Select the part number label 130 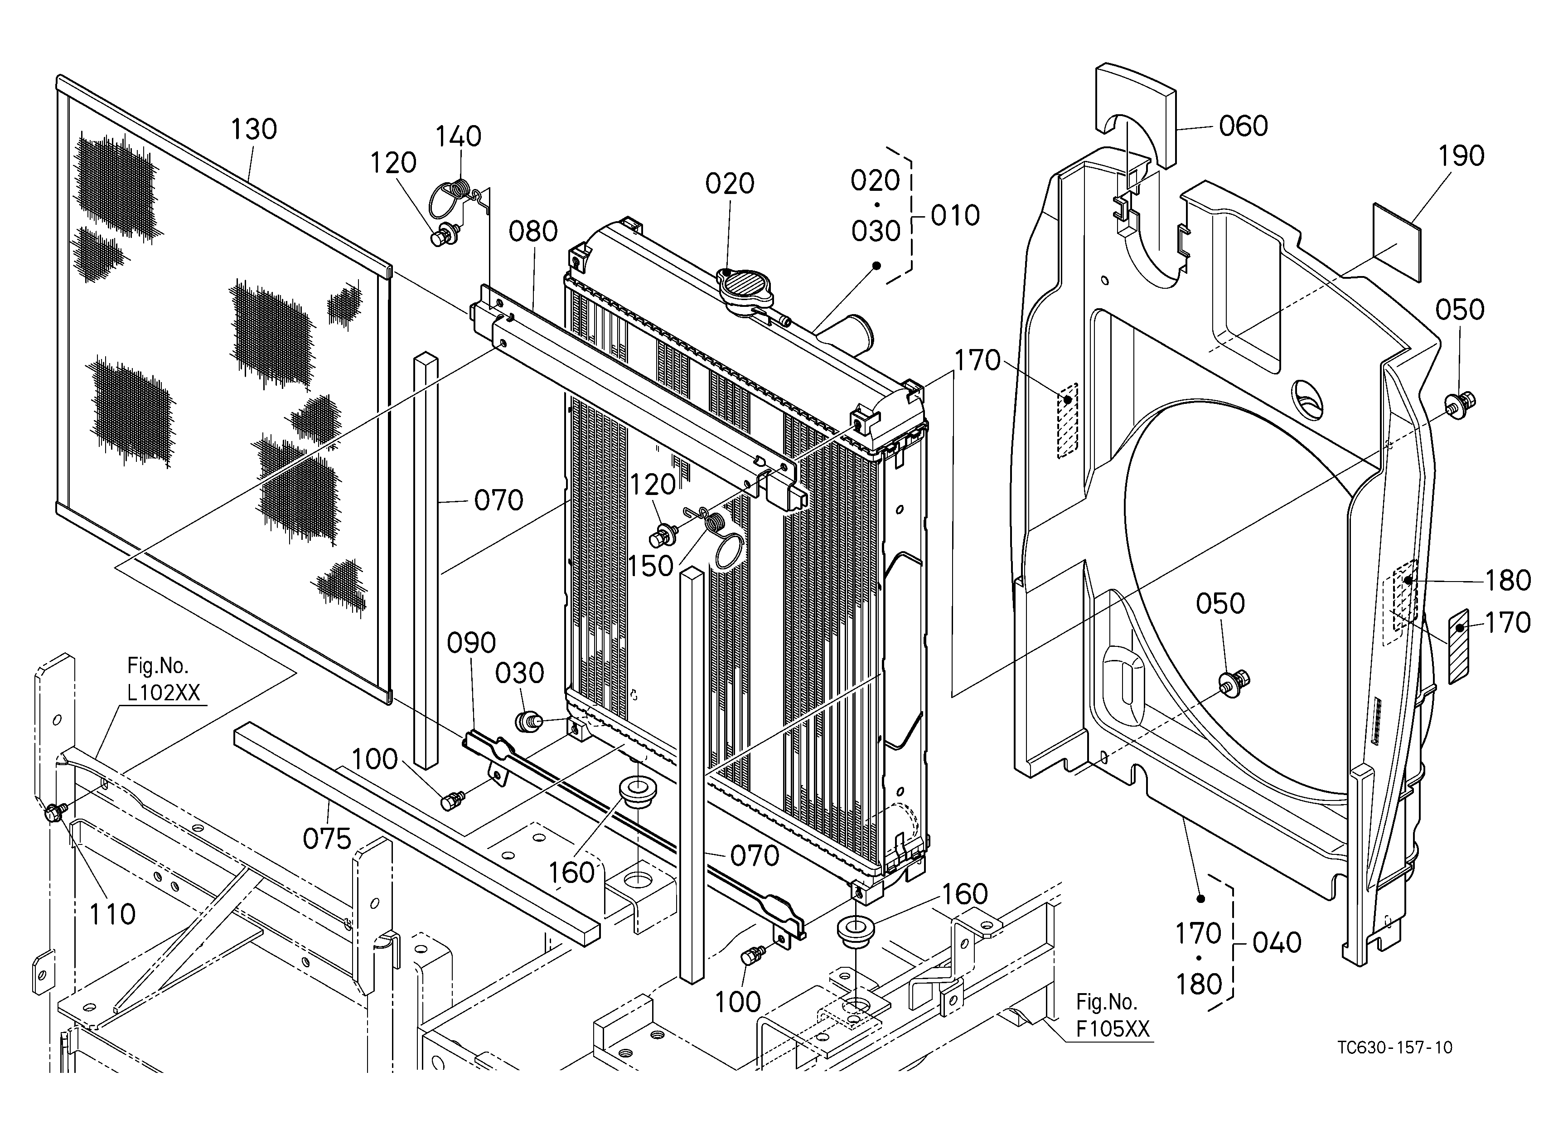tap(254, 129)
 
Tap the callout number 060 tap(1243, 126)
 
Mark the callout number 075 tap(327, 839)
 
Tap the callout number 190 tap(1461, 156)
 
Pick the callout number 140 tap(458, 136)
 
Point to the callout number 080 tap(533, 232)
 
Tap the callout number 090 tap(471, 643)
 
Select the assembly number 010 tap(955, 216)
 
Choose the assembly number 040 tap(1277, 943)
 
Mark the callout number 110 tap(112, 914)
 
